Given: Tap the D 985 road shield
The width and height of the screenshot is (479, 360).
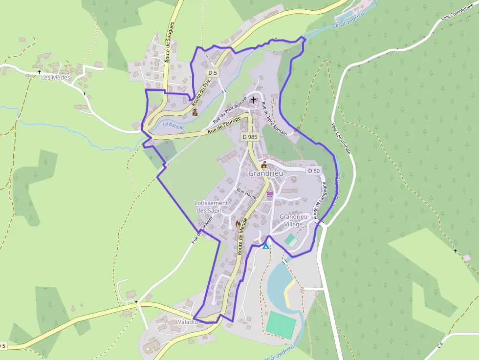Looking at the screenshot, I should [x=249, y=137].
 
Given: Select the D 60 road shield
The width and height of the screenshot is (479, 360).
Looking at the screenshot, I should [x=314, y=170].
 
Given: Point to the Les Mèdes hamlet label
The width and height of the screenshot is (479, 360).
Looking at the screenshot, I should [x=55, y=77].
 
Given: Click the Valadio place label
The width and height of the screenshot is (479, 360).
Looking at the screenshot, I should [x=188, y=322].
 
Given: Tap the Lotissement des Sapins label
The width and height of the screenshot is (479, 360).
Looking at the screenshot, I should [x=212, y=207].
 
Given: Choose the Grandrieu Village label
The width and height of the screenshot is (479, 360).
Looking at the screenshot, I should [x=294, y=220].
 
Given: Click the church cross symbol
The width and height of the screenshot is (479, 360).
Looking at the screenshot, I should [x=253, y=100].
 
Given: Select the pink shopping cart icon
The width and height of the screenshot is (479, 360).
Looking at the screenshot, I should [x=269, y=194].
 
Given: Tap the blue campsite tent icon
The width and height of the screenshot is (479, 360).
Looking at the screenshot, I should [x=265, y=246].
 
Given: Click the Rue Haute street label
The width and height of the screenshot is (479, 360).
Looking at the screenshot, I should [x=246, y=193].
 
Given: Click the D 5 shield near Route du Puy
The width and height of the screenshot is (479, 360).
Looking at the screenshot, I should [x=212, y=73].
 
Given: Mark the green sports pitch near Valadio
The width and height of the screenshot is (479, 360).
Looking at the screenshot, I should [x=281, y=325].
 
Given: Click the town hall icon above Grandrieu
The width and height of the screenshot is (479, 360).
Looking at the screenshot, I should [x=264, y=164].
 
